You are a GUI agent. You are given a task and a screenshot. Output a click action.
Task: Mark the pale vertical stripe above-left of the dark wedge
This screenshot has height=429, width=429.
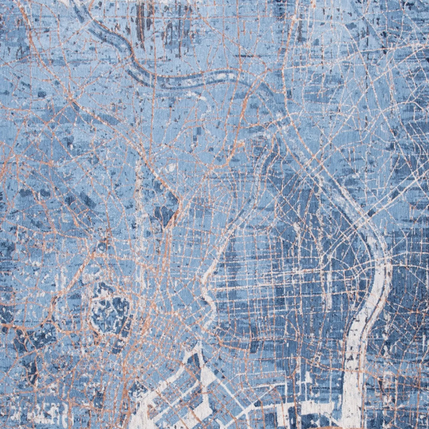[139, 184]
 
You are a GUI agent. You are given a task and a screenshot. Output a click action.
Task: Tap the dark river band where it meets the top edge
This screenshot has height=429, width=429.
[78, 3]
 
